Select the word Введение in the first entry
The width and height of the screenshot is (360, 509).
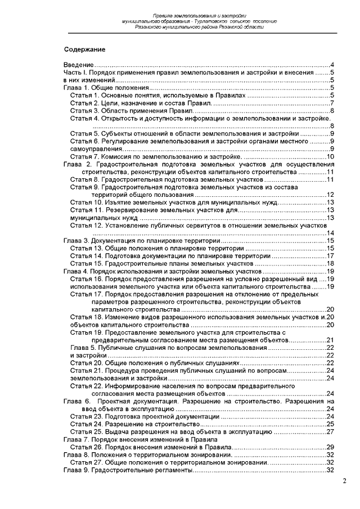tap(78, 66)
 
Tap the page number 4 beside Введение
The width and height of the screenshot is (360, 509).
tap(333, 66)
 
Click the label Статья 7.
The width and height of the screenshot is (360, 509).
tap(85, 156)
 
